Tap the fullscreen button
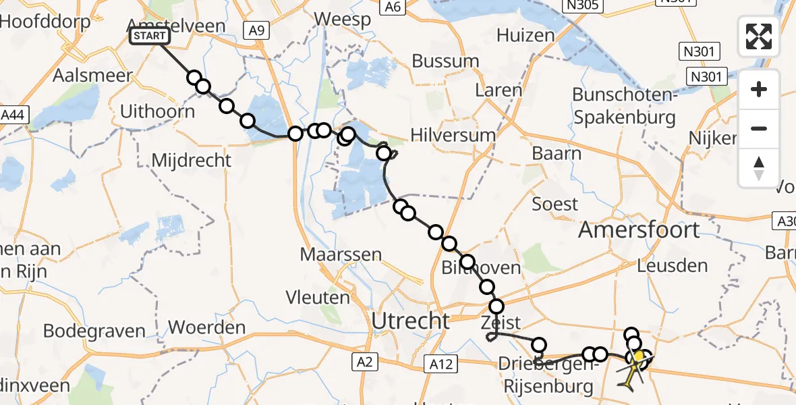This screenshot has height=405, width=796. (x=759, y=36)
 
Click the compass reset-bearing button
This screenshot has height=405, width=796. (x=759, y=168)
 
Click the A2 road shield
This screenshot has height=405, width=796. (x=366, y=363)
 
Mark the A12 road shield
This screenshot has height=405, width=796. (x=442, y=364)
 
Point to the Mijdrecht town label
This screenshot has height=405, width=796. (x=192, y=161)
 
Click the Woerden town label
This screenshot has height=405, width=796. (x=206, y=328)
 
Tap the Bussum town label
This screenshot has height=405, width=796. (x=445, y=61)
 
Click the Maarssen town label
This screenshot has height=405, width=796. (x=341, y=255)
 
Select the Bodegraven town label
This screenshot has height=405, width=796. (x=94, y=331)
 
